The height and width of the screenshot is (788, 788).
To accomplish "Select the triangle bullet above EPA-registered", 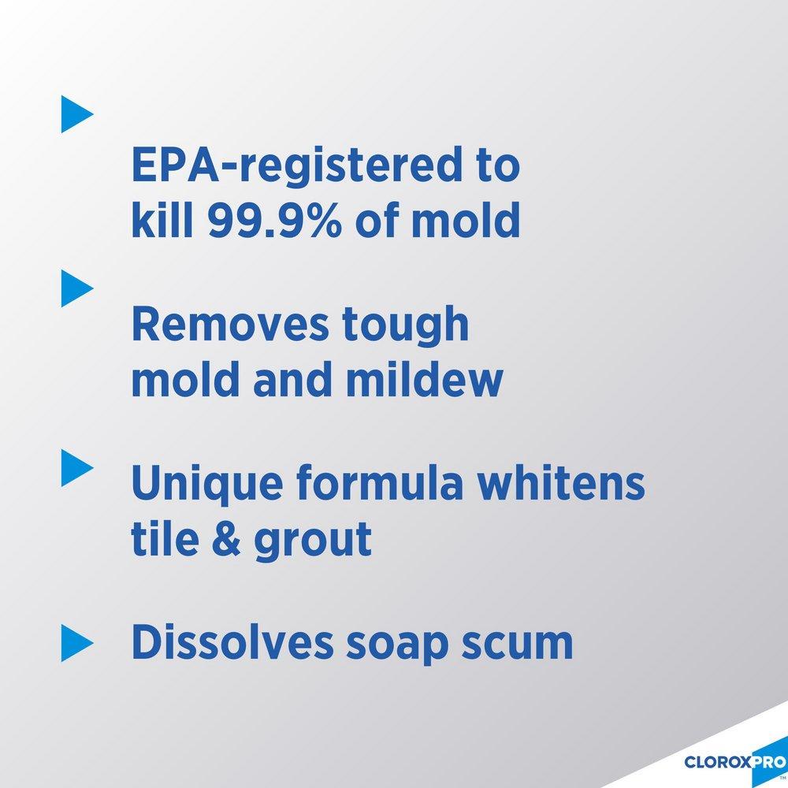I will pyautogui.click(x=76, y=114).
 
